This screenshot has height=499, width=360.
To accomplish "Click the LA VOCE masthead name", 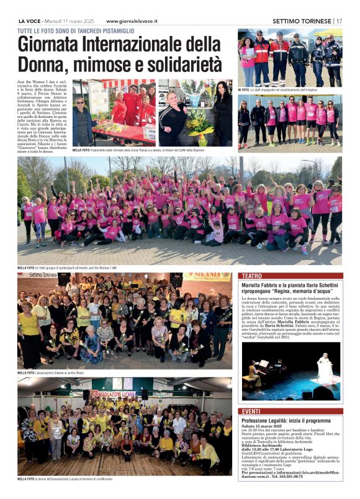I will click(30, 20).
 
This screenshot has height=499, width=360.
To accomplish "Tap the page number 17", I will click(339, 20).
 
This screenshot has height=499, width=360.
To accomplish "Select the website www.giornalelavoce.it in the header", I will click(132, 20).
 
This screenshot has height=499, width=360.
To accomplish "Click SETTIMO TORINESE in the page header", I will click(301, 20).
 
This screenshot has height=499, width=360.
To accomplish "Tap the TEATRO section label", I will click(251, 276).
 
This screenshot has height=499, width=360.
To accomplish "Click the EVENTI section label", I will click(251, 411).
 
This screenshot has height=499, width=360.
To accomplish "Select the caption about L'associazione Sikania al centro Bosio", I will click(65, 372).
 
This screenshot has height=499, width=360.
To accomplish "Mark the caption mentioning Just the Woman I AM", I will click(81, 266).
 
